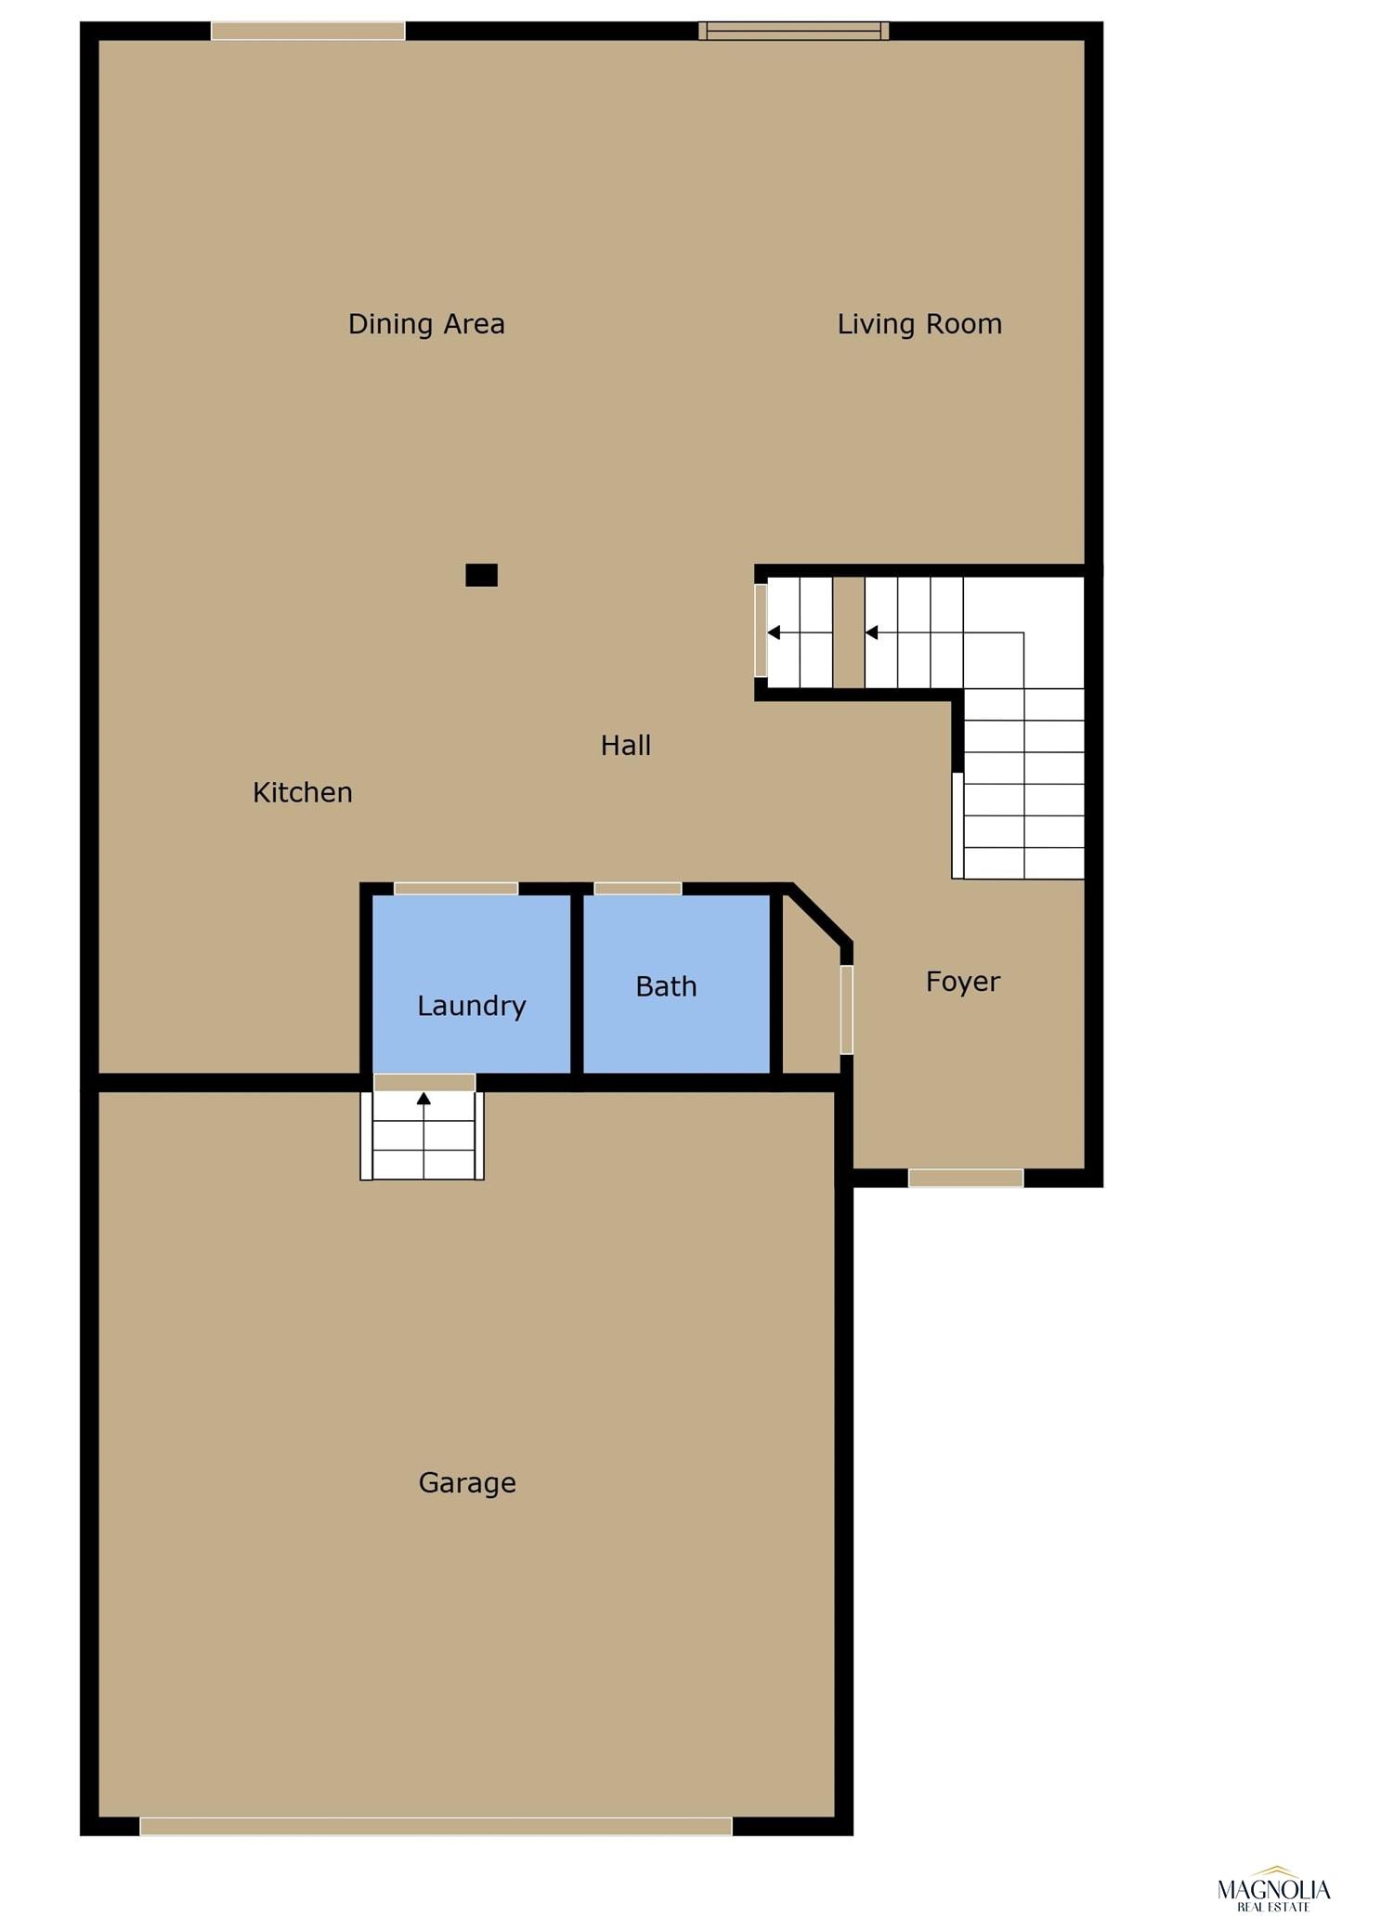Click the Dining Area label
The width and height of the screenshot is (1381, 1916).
(426, 324)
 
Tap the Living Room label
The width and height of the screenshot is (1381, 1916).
(919, 324)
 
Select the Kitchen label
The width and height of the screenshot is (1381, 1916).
(303, 792)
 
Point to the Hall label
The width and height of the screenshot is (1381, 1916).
(626, 745)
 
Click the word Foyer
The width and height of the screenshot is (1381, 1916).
(963, 982)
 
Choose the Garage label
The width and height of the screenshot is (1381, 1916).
(467, 1482)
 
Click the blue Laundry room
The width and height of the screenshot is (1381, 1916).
(472, 984)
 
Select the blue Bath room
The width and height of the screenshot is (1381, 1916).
(676, 984)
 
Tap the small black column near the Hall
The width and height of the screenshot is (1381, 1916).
(481, 575)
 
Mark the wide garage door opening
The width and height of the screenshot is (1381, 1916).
(436, 1826)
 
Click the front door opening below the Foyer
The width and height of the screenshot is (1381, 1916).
(966, 1178)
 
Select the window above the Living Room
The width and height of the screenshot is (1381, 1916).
(794, 31)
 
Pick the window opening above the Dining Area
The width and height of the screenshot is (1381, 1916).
(308, 31)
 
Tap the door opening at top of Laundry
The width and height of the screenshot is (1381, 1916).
(456, 889)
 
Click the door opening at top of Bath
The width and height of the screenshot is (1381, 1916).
(638, 889)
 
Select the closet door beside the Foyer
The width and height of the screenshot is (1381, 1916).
(846, 1010)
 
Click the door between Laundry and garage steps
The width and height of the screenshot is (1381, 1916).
(424, 1083)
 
